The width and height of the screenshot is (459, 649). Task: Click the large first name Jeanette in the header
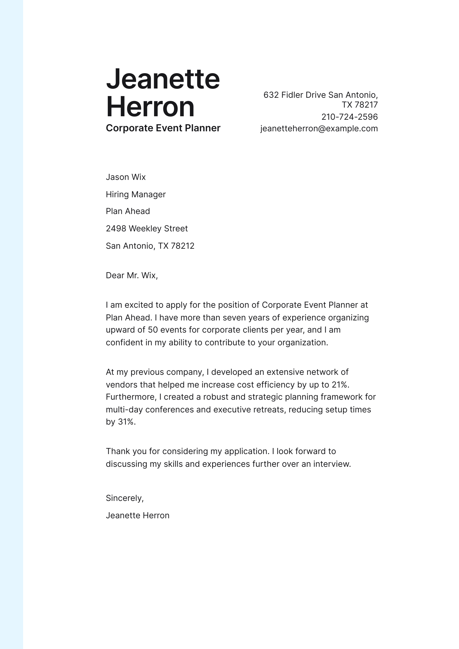pyautogui.click(x=163, y=79)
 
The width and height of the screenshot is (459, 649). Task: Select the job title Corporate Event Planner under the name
pyautogui.click(x=163, y=128)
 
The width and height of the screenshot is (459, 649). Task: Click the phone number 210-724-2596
pyautogui.click(x=349, y=117)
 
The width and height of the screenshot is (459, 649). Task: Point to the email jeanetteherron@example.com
pyautogui.click(x=319, y=128)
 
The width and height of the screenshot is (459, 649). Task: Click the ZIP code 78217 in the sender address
pyautogui.click(x=366, y=104)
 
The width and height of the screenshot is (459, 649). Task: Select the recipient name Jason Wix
pyautogui.click(x=126, y=177)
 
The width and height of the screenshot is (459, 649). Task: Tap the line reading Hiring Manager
pyautogui.click(x=136, y=194)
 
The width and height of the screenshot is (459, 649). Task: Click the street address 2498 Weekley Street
pyautogui.click(x=147, y=228)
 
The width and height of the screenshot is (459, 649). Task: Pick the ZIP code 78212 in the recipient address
pyautogui.click(x=182, y=246)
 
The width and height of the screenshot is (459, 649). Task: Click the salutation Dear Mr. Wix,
pyautogui.click(x=132, y=275)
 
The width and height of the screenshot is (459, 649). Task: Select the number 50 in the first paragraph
pyautogui.click(x=153, y=330)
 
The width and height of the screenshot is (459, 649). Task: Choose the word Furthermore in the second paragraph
pyautogui.click(x=131, y=397)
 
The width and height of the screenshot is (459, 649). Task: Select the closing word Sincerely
pyautogui.click(x=124, y=498)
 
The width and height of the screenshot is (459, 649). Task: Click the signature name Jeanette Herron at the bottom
pyautogui.click(x=138, y=515)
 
